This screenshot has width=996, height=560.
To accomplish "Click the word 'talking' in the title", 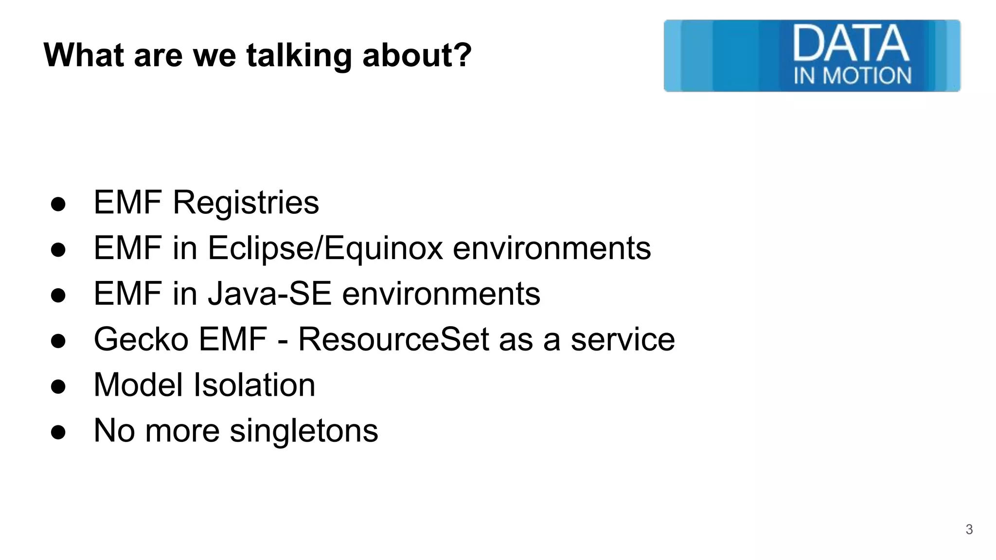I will coord(299,55).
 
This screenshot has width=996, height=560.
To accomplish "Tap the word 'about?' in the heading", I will coord(417,55).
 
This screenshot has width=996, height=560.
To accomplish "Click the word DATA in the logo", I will coord(851,44).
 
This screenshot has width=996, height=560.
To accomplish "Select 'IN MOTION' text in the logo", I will coord(852,76).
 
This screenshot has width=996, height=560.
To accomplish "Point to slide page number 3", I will coord(969,529).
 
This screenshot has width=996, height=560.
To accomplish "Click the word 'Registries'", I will coord(246,203).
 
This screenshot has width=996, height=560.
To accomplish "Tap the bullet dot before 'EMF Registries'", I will coord(58,204).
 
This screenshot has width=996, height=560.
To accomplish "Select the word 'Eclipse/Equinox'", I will coord(325,248).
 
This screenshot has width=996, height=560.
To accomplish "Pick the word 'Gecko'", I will coord(141,339).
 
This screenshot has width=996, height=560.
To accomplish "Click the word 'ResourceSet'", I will coord(393,339).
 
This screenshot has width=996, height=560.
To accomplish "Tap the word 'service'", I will coord(622,339).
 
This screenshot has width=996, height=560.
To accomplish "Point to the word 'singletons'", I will coord(303,431).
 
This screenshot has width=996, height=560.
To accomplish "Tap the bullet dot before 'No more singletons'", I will coord(58,432).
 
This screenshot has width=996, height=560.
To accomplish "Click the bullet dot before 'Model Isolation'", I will coord(58,387).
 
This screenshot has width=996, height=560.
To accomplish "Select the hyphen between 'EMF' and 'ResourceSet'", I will coord(282,340).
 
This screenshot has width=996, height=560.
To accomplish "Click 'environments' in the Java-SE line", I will coord(441,294).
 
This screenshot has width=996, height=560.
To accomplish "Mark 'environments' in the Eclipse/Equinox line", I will coord(551,248).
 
